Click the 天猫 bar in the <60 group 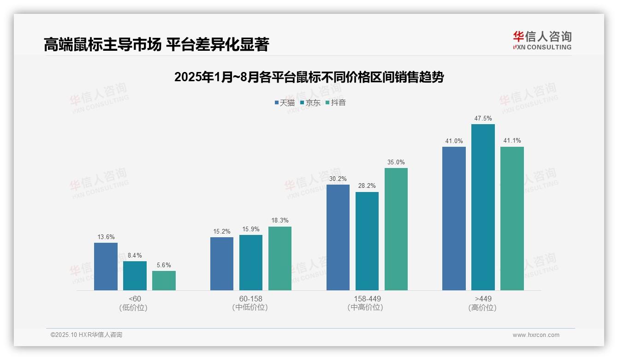(106, 266)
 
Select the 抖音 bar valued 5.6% (164, 280)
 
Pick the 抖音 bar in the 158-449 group (396, 229)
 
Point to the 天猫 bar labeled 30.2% (338, 237)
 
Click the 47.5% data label (483, 119)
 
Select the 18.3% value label (280, 221)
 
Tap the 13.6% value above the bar (106, 237)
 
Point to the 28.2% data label (367, 186)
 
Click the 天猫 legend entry (285, 102)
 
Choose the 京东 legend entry (310, 102)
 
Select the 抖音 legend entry (335, 102)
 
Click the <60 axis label (135, 299)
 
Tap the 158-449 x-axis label (367, 299)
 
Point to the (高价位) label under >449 (483, 307)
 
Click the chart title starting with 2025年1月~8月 (309, 77)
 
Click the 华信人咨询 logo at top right (542, 40)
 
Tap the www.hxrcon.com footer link (536, 335)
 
